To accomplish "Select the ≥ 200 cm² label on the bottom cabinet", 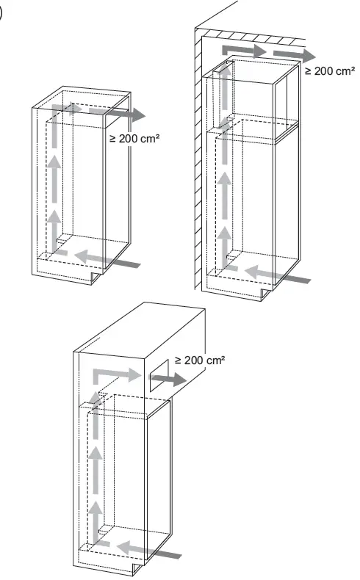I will pyautogui.click(x=199, y=360).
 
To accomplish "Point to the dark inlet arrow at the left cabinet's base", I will pyautogui.click(x=121, y=261).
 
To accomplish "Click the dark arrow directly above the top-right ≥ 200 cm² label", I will pyautogui.click(x=292, y=54).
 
